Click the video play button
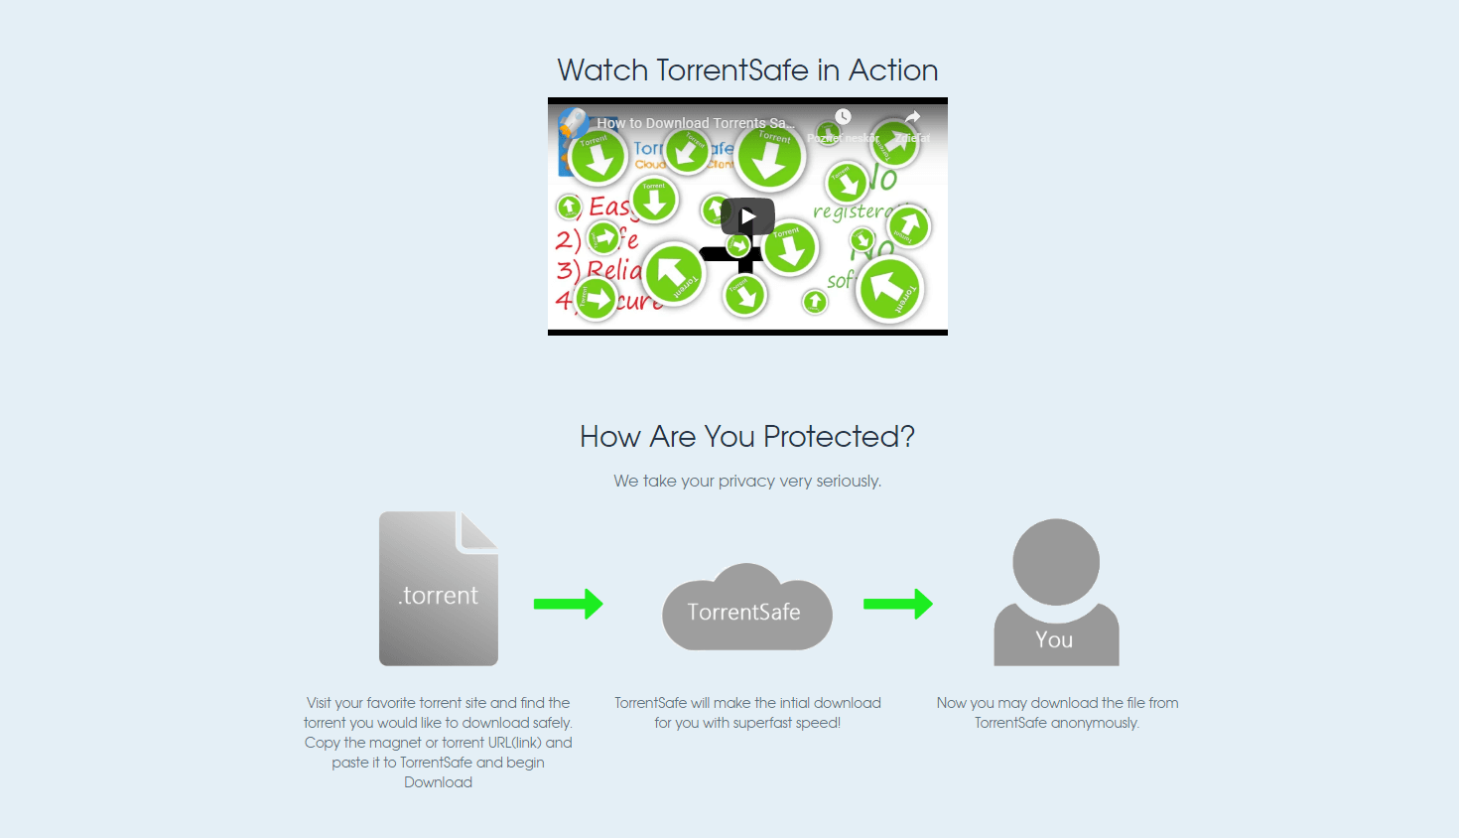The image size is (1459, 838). [747, 216]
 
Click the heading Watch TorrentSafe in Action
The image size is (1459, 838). [747, 70]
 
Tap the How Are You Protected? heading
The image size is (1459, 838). [746, 436]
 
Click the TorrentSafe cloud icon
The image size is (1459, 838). [746, 609]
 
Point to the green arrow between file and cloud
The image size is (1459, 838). [568, 604]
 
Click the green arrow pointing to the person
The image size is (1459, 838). [897, 604]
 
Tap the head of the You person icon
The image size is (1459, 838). [1055, 561]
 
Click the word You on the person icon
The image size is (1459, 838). [1054, 640]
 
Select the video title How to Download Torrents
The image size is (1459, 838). [695, 123]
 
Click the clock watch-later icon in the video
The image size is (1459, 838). [843, 117]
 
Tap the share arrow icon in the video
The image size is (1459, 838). [912, 117]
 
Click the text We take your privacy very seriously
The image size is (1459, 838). [746, 481]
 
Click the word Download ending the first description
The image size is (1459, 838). [438, 782]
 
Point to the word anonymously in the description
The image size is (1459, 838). [1095, 723]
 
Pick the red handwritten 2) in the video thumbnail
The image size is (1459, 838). [568, 240]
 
